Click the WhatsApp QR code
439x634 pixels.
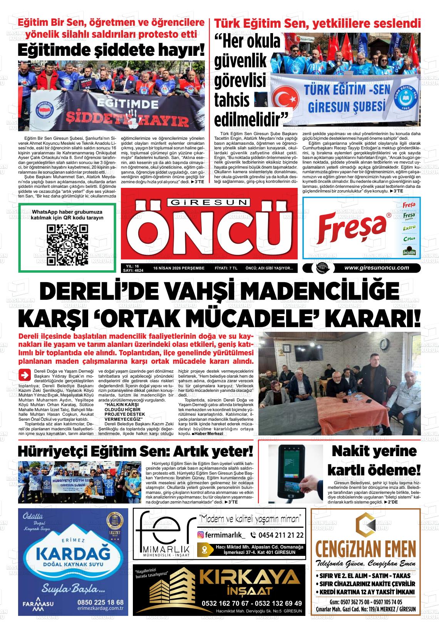coord(67,245)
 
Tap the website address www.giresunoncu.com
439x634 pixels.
coord(376,268)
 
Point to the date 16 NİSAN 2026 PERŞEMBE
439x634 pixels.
coord(179,268)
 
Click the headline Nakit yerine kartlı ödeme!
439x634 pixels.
coord(374,460)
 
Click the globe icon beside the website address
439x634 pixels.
coord(320,268)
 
